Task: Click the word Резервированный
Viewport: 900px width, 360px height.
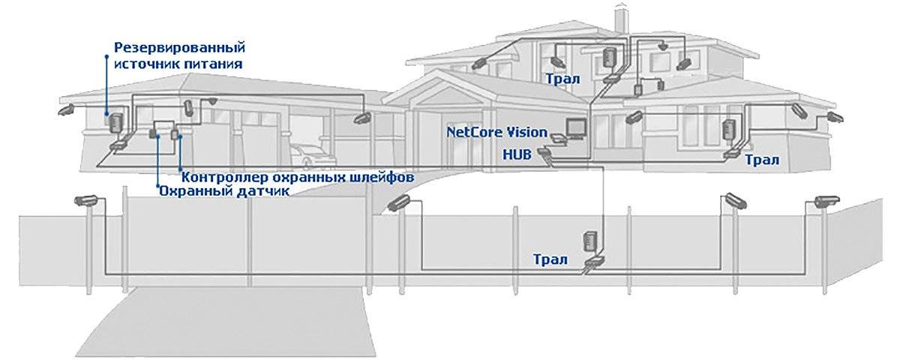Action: [179, 47]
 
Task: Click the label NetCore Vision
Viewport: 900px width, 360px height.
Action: [496, 132]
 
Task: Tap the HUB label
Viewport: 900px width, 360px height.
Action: [517, 154]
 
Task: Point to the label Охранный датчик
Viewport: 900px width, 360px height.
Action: [224, 190]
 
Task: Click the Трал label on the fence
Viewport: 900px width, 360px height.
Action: [550, 259]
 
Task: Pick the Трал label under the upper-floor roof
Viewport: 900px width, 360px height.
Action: [562, 78]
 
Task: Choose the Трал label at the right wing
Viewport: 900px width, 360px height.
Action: [762, 160]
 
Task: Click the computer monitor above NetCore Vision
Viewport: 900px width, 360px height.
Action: [575, 128]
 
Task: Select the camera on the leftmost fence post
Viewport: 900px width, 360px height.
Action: [85, 200]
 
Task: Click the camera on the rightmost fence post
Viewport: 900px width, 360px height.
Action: [826, 201]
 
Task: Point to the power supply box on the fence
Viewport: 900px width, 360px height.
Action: [589, 241]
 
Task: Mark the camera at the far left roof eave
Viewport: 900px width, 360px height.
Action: [66, 109]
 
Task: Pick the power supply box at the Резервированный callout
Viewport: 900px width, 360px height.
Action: [115, 122]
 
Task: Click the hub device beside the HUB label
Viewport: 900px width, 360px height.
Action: [544, 151]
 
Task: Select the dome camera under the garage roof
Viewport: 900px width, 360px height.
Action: [211, 101]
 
